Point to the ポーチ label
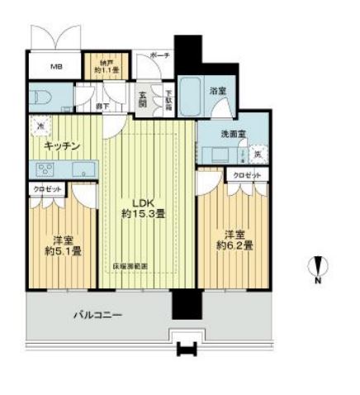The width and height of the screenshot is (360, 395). tap(160, 56)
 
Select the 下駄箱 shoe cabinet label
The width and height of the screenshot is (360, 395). tap(168, 99)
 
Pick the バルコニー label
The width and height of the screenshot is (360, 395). tap(96, 315)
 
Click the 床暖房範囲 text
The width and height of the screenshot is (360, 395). tap(131, 266)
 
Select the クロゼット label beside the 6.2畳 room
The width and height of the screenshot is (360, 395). tap(246, 176)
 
